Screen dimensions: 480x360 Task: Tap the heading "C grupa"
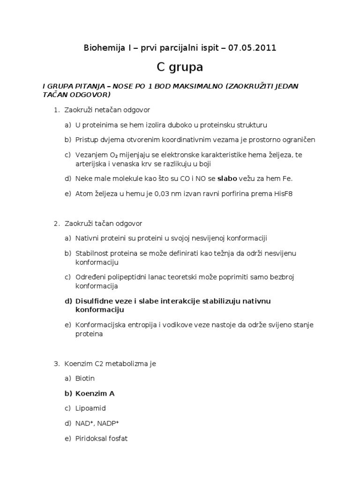(180, 67)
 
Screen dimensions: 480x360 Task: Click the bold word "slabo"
(227, 178)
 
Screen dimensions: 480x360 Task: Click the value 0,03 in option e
(155, 193)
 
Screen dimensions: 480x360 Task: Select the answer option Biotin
(85, 378)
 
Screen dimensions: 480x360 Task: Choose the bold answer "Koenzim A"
(95, 393)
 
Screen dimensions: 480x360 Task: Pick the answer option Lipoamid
(90, 408)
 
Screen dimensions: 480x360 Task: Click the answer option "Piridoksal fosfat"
(101, 439)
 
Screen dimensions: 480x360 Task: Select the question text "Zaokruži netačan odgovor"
(107, 110)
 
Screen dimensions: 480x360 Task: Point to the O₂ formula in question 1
(114, 155)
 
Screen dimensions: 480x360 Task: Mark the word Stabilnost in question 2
(93, 253)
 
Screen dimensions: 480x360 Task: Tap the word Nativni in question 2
(88, 238)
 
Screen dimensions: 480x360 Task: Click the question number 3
(56, 363)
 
